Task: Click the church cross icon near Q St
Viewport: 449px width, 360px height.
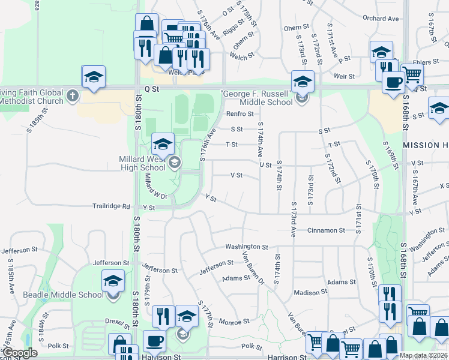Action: click(72, 95)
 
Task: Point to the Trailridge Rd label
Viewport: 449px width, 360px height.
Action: click(111, 206)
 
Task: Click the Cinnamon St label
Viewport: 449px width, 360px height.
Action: click(326, 230)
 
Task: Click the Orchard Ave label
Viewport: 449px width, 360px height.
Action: click(381, 19)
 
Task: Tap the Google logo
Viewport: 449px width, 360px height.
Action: click(20, 353)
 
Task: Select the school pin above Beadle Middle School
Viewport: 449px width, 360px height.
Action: click(113, 281)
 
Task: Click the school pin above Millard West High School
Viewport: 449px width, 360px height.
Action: click(162, 144)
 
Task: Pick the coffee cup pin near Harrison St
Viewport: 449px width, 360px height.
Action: click(154, 341)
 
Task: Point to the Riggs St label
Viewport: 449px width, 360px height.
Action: click(234, 27)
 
